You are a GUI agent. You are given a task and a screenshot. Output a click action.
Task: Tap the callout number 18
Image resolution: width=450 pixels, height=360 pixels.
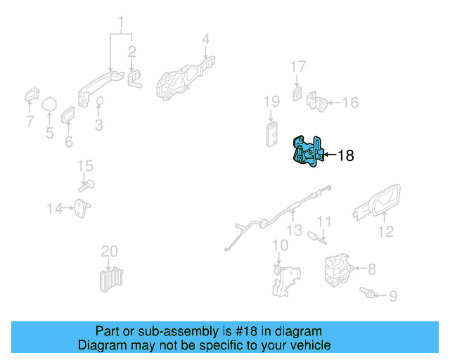[x=346, y=155]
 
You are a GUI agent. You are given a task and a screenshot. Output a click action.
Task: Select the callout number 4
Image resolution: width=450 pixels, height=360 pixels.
[x=206, y=39]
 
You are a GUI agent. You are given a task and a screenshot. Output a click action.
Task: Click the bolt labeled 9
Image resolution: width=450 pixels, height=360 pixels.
[x=365, y=291]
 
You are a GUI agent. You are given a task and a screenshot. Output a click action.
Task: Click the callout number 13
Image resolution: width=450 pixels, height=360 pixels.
[x=294, y=229]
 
